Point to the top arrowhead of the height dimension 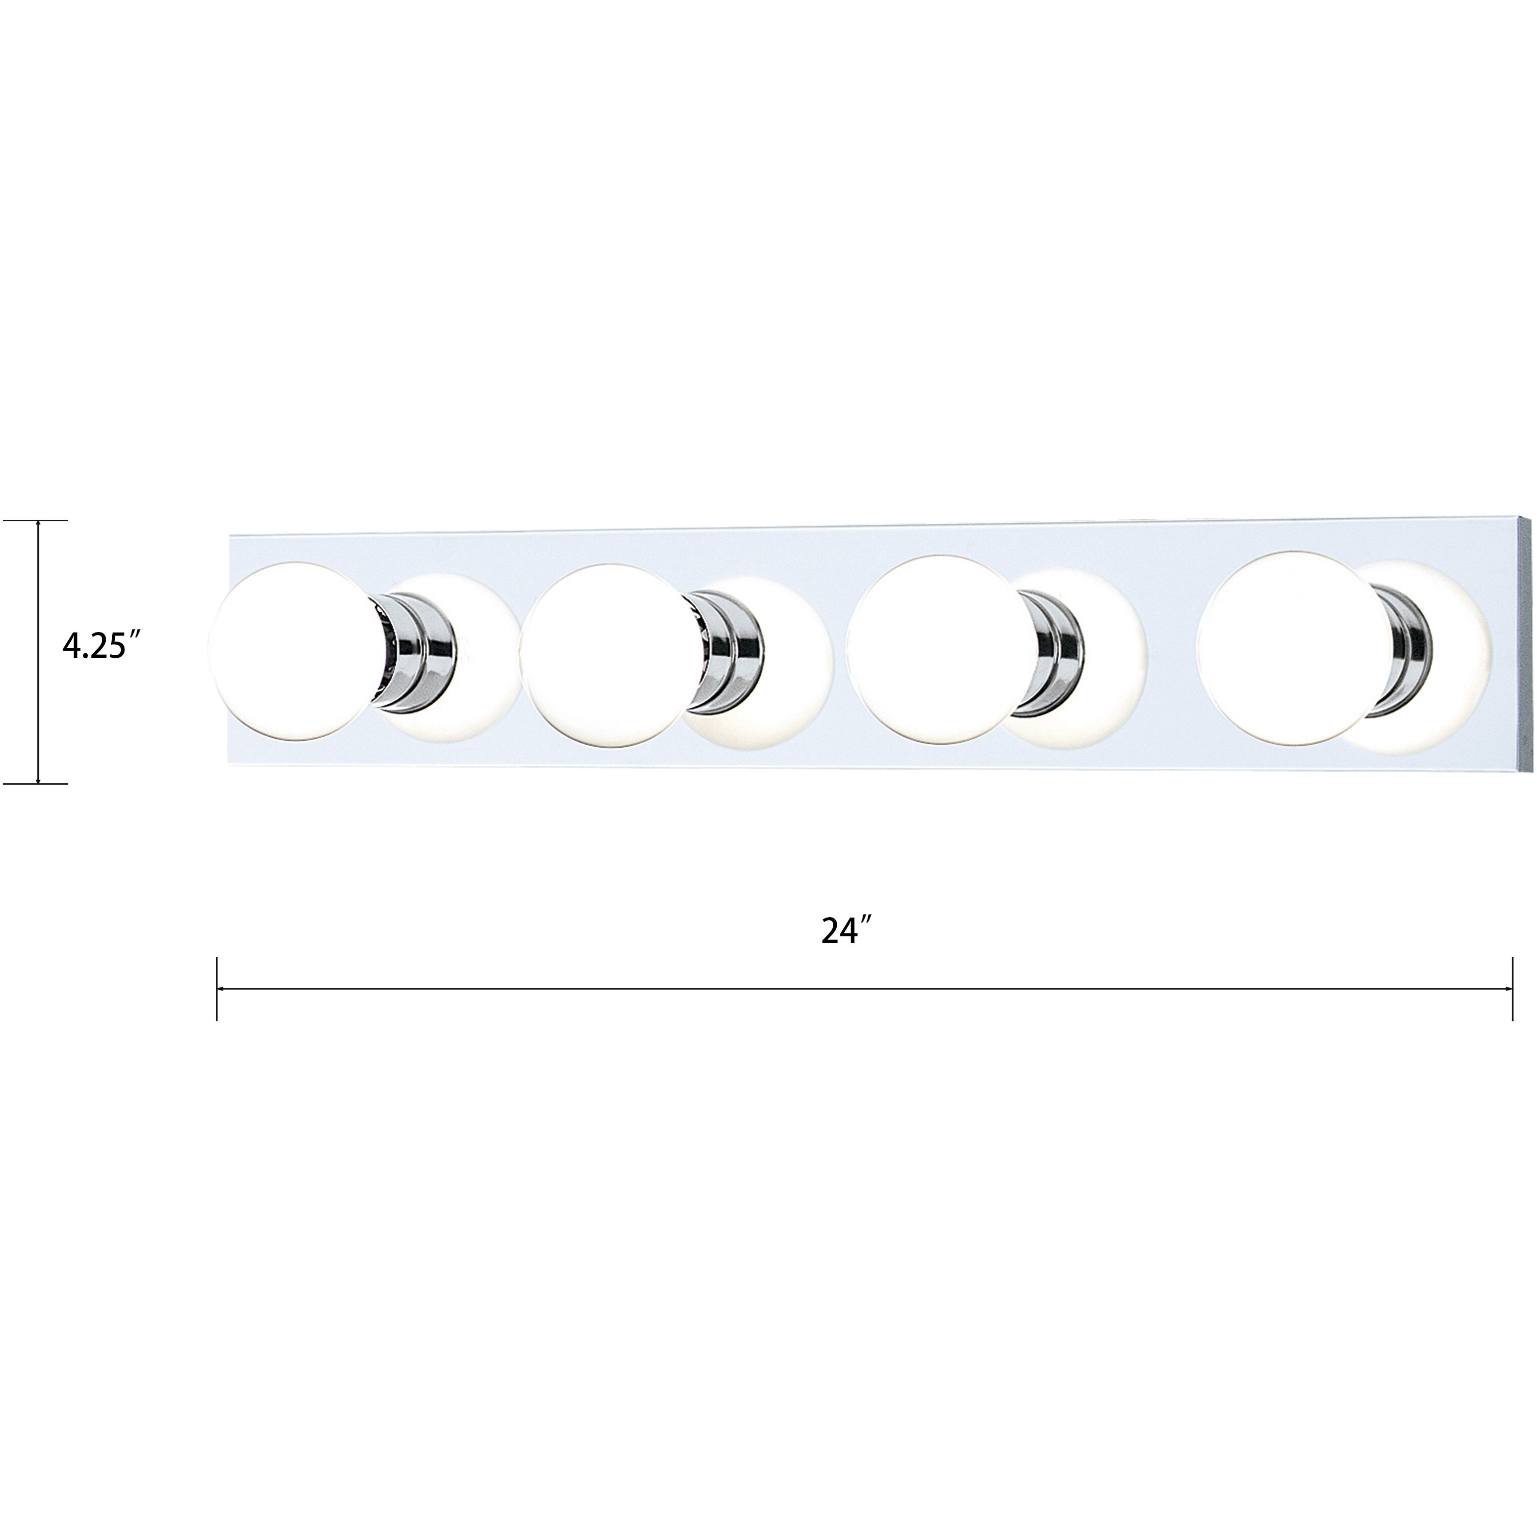coord(38,525)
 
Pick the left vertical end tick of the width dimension coord(216,989)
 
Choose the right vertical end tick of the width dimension coord(1512,989)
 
